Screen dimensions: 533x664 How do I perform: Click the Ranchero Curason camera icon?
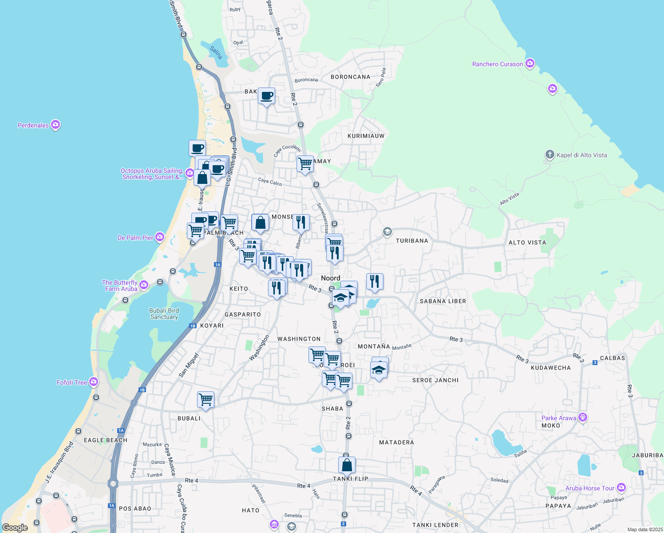530,64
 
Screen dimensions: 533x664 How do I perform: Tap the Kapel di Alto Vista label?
581,155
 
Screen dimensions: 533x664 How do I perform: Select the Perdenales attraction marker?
55,125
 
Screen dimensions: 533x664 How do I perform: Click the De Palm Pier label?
135,238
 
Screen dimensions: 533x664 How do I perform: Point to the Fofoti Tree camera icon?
93,382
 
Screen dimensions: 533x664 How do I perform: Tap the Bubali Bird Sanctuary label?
164,314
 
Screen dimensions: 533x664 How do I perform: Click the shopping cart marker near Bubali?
206,399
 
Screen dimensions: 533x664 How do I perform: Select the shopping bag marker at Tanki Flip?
347,465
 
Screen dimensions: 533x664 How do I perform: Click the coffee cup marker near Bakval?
267,95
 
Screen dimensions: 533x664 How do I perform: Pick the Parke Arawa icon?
583,418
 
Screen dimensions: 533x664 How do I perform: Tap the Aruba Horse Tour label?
589,488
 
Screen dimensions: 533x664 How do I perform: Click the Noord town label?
331,278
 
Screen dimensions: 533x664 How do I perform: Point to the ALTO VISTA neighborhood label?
527,243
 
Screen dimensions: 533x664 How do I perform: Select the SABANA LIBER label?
443,301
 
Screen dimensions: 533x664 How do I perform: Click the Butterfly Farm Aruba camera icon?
143,285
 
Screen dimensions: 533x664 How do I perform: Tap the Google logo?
15,528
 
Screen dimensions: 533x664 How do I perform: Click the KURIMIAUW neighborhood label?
366,136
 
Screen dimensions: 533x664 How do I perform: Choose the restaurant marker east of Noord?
375,281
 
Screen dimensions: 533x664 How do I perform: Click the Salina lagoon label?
216,52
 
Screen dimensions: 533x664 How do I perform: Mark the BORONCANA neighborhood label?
350,77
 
